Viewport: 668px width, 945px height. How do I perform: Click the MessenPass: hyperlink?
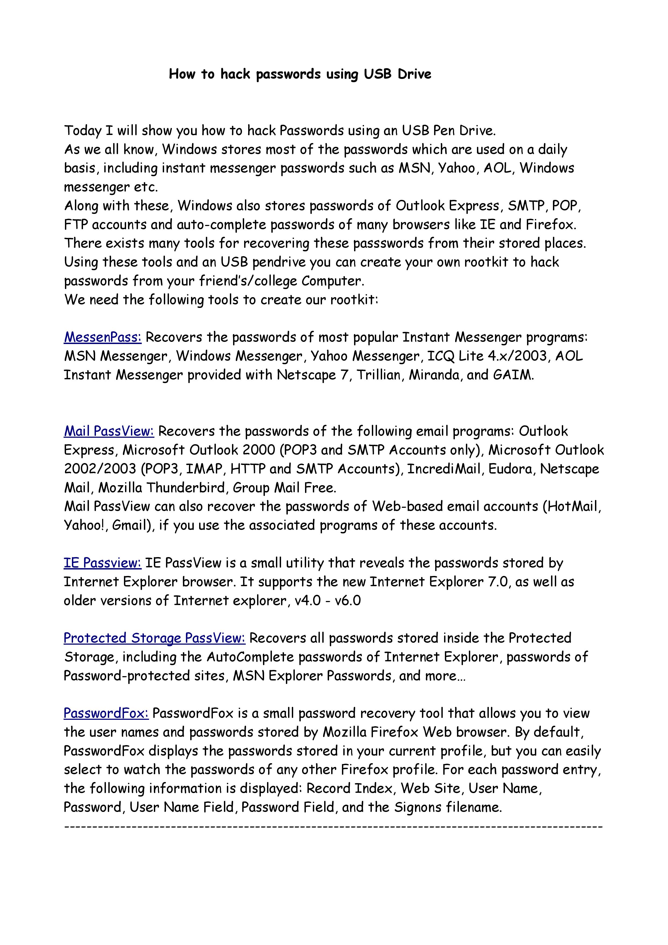pos(102,337)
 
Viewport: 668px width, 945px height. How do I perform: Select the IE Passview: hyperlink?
pos(102,563)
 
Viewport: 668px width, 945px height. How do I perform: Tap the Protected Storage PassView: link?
pos(154,638)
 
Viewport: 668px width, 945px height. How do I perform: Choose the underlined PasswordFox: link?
pos(106,713)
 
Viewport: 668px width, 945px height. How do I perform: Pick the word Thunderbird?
pos(186,488)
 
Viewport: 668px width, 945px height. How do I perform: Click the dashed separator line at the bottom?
pos(333,826)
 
